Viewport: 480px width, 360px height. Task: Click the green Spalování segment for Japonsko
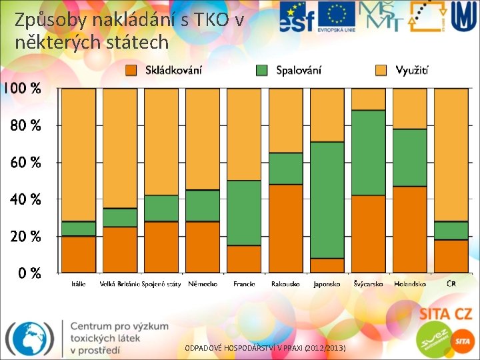coord(327,200)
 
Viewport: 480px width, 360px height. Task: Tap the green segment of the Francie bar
coord(244,213)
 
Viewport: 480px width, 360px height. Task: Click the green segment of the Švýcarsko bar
coord(369,153)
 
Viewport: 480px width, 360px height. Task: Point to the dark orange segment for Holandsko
coord(410,229)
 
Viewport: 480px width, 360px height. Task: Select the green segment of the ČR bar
coord(451,231)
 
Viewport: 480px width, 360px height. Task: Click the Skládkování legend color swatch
coord(131,70)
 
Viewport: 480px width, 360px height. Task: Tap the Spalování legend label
coord(299,70)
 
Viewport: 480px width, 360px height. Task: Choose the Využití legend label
coord(412,70)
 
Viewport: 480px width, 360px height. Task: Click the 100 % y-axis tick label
coord(21,89)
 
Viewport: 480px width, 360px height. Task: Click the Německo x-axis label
coord(203,284)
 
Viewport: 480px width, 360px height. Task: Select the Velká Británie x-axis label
coord(119,284)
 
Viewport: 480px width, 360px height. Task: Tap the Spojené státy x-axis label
coord(161,284)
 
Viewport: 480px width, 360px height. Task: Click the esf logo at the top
coord(297,17)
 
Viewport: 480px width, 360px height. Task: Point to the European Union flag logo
coord(336,15)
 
